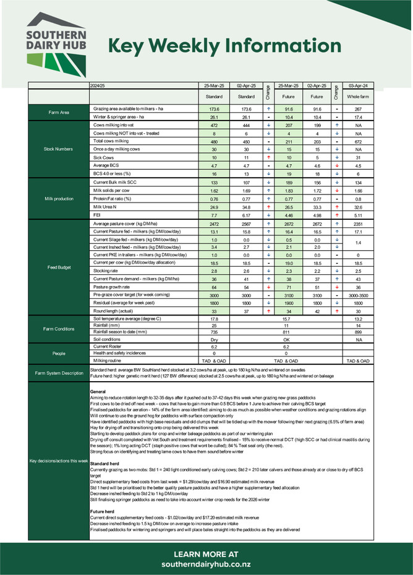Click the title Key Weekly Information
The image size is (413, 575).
[225, 47]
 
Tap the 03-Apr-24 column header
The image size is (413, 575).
[358, 85]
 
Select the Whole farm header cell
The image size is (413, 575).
[358, 97]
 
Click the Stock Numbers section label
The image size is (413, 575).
[58, 149]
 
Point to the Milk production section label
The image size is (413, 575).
[58, 199]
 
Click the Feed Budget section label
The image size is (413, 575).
[58, 267]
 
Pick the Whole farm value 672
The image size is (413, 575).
[358, 141]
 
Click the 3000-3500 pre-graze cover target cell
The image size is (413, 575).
[358, 296]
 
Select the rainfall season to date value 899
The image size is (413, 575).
[358, 332]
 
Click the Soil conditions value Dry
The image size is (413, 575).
[214, 339]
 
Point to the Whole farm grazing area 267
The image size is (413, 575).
[358, 109]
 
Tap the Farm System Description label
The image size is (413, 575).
[58, 373]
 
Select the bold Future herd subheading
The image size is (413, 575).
[104, 512]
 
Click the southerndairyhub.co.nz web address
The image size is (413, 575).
[206, 565]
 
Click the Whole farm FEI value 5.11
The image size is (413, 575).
[358, 216]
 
